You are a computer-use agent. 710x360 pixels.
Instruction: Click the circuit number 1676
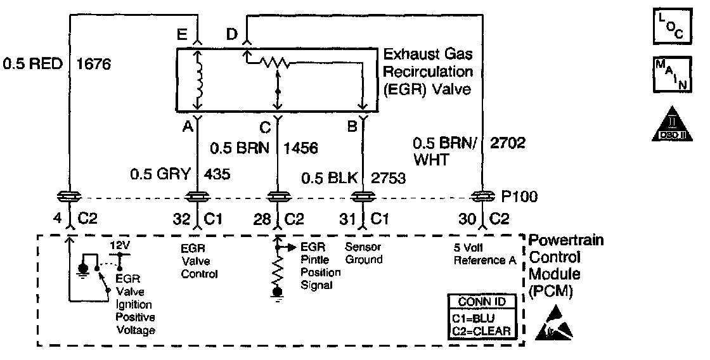93,63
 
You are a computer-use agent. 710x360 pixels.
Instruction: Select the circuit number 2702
509,143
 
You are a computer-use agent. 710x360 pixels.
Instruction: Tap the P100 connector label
522,197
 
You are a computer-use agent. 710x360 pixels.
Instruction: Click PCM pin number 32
182,220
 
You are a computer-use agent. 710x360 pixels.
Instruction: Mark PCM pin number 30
470,220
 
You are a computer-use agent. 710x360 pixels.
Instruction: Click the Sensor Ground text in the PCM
365,254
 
